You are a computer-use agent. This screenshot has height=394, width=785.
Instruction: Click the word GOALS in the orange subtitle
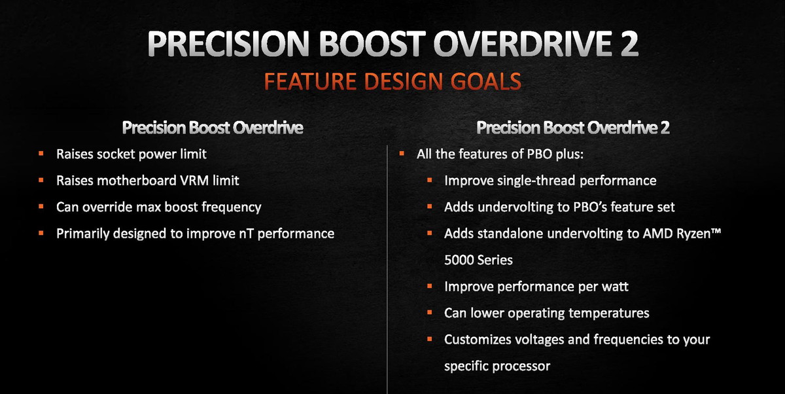click(x=485, y=81)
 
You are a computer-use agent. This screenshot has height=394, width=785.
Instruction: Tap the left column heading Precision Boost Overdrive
click(x=213, y=128)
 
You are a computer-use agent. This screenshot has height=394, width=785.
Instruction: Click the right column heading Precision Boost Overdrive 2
click(x=572, y=128)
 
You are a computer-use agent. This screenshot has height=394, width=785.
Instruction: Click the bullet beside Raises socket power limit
click(x=41, y=154)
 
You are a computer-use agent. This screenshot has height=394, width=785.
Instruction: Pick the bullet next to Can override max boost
click(x=41, y=206)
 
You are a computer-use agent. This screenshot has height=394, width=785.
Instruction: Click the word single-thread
click(x=536, y=181)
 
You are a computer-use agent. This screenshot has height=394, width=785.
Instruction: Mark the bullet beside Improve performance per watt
click(x=429, y=286)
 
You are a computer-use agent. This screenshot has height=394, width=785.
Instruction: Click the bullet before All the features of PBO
click(x=402, y=154)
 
